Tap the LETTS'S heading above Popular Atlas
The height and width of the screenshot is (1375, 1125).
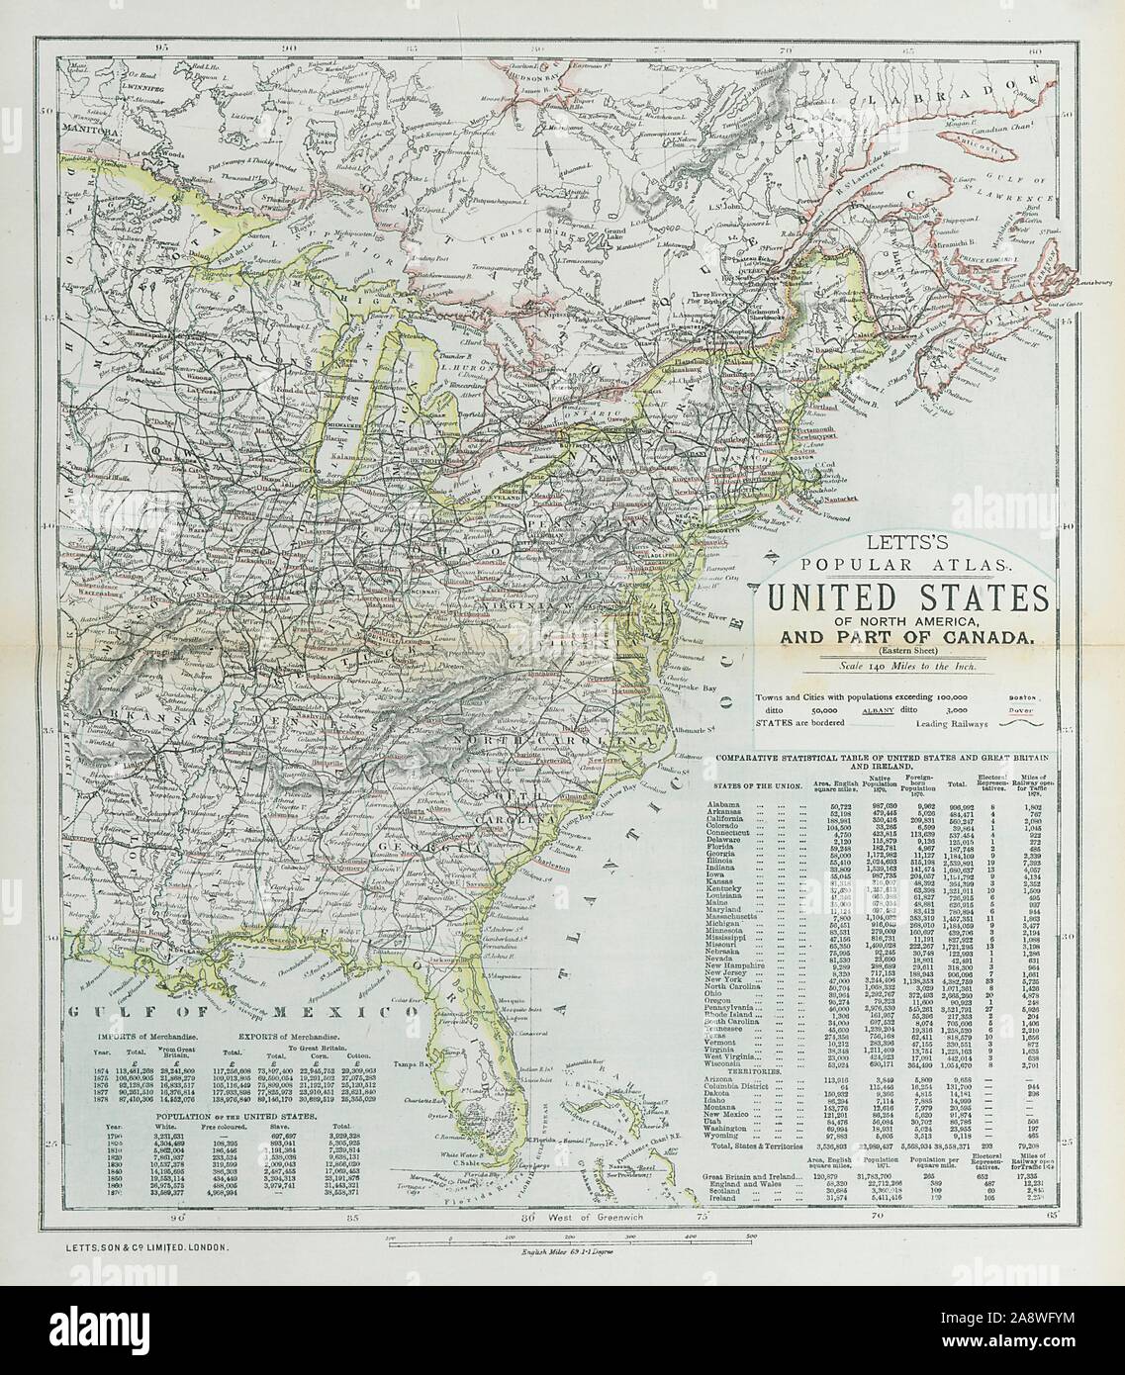coord(891,542)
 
